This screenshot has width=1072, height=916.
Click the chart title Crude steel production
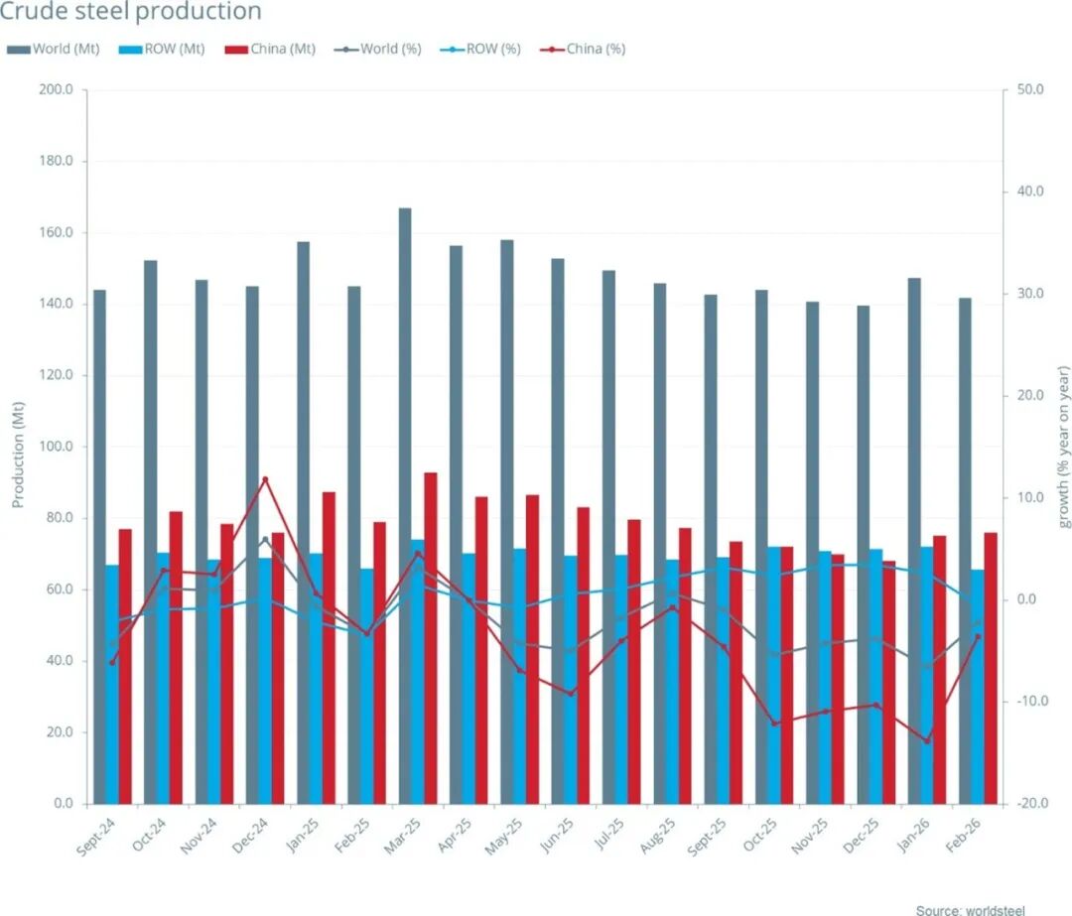(x=131, y=13)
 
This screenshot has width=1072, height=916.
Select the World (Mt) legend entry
(x=56, y=49)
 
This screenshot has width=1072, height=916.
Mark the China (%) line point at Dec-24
(x=265, y=479)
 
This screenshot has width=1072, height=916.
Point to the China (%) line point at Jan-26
(x=928, y=740)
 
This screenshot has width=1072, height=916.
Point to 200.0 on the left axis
(x=56, y=90)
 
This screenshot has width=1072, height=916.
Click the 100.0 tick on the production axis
(x=56, y=447)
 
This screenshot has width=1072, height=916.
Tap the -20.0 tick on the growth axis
(x=1031, y=804)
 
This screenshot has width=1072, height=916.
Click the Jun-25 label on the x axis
(x=559, y=835)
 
